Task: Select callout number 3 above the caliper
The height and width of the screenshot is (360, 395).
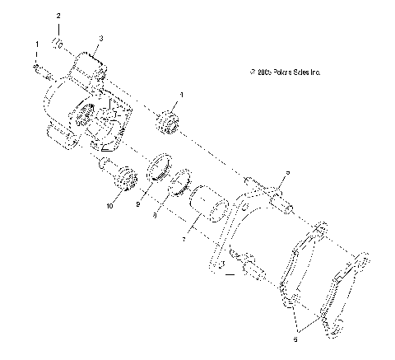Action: (x=100, y=38)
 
